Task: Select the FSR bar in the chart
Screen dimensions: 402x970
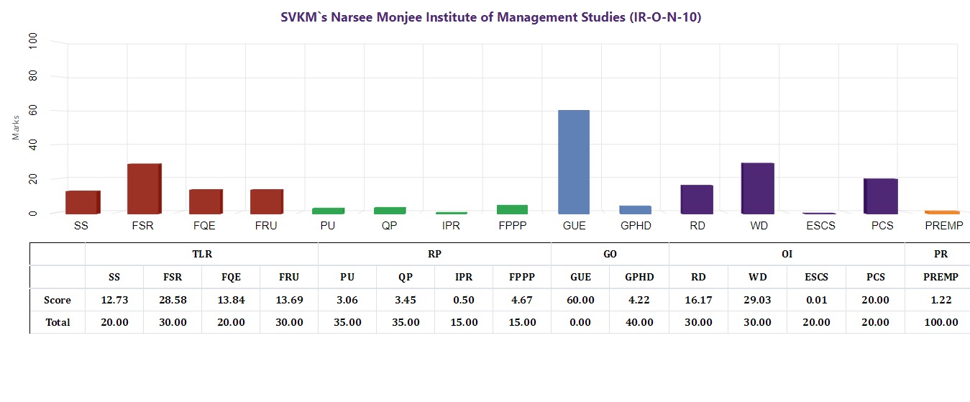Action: tap(144, 188)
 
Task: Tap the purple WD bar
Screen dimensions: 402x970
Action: tap(758, 188)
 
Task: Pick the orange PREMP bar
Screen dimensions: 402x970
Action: tap(942, 212)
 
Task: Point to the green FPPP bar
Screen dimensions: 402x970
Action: tap(512, 209)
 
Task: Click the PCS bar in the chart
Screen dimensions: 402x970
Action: tap(880, 196)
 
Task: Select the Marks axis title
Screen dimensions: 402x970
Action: tap(17, 127)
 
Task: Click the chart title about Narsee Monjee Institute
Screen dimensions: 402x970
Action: tap(491, 17)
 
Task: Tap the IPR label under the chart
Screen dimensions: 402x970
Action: tap(451, 226)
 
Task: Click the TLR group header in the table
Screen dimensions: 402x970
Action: tap(202, 254)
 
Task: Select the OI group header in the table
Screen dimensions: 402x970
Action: tap(787, 254)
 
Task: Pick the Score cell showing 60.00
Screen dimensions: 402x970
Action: tap(581, 300)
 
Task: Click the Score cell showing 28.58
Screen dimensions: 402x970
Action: tap(173, 300)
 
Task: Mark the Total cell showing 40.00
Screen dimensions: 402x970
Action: tap(639, 322)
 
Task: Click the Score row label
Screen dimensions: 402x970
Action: tap(58, 300)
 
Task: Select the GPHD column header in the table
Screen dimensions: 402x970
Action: tap(639, 277)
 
